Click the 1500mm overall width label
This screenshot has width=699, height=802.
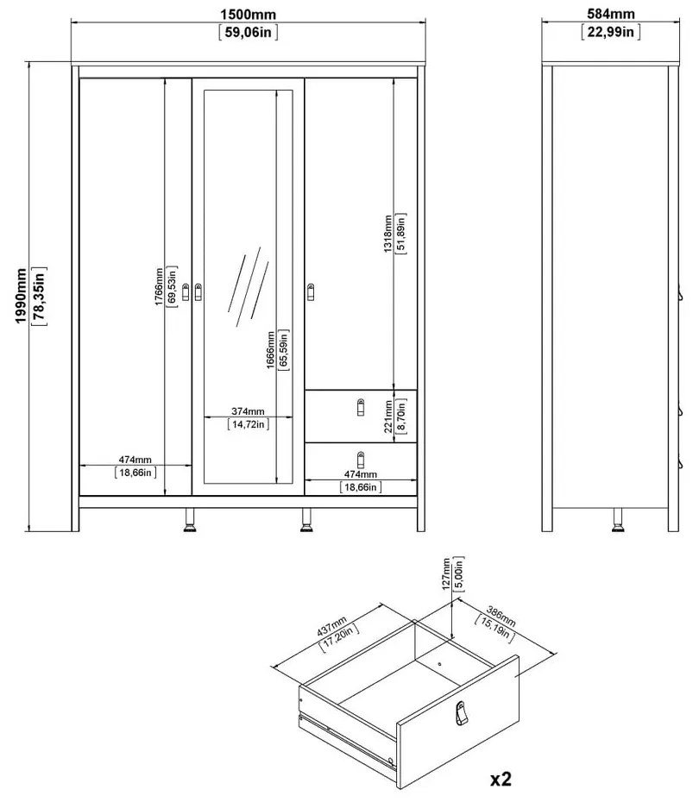[249, 15]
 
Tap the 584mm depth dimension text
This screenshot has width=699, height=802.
[610, 14]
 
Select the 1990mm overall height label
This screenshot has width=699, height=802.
[21, 296]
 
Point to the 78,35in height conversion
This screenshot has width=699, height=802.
[39, 296]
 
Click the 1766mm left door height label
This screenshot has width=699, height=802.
[159, 287]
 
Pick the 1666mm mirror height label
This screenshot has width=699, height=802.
[271, 350]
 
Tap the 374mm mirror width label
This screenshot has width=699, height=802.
[248, 411]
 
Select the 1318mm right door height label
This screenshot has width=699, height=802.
[387, 234]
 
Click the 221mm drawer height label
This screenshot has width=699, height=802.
[388, 417]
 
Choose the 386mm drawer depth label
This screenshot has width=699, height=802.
[501, 617]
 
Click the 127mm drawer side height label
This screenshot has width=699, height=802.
[446, 574]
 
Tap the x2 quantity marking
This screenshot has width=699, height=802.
[501, 779]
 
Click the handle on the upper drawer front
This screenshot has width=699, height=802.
[361, 407]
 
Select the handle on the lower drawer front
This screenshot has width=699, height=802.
[361, 460]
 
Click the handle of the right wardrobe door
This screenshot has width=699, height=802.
[311, 292]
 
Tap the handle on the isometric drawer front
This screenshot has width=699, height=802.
[461, 713]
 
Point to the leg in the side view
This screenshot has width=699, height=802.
[618, 520]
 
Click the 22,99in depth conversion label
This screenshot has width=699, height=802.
[610, 32]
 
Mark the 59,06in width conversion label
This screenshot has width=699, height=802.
[249, 32]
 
